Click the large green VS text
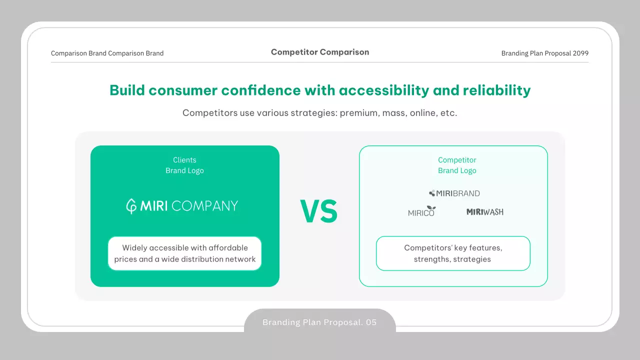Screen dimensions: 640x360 point(319,211)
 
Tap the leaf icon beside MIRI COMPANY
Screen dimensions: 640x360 point(131,206)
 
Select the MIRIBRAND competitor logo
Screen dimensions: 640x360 point(454,193)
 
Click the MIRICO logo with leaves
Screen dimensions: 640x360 point(421,211)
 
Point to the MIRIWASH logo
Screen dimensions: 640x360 point(485,211)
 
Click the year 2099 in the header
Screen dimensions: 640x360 point(580,53)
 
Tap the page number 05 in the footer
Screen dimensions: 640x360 point(371,322)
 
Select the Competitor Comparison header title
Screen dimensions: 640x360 point(320,52)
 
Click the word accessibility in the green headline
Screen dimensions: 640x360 point(384,90)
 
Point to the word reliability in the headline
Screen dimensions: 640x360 point(496,90)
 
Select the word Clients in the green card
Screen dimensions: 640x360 point(184,160)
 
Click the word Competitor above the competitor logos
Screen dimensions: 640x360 point(457,160)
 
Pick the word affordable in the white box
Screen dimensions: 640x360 point(228,247)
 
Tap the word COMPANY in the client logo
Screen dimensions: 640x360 point(204,206)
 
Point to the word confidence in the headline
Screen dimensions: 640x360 point(261,90)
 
